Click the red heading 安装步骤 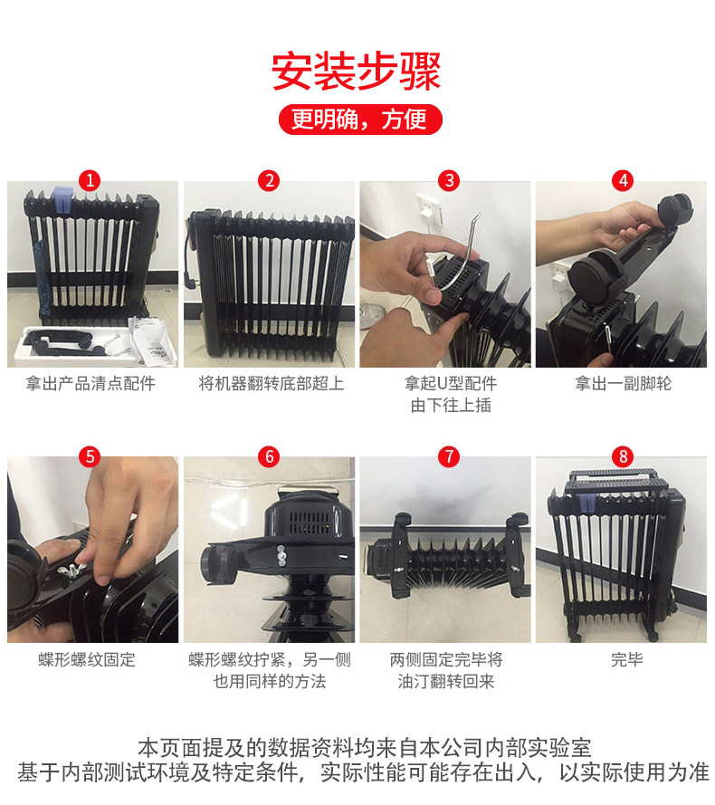click(357, 72)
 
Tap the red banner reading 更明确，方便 click(360, 120)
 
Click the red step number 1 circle click(91, 181)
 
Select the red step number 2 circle click(269, 181)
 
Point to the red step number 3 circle click(449, 181)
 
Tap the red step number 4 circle click(623, 181)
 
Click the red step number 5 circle click(91, 456)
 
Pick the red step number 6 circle click(269, 456)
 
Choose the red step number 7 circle click(449, 456)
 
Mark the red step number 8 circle click(623, 456)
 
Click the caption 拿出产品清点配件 click(91, 384)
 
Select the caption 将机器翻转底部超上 click(271, 384)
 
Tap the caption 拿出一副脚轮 click(623, 384)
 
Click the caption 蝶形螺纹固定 click(87, 660)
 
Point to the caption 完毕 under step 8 click(626, 660)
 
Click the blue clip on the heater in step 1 click(63, 199)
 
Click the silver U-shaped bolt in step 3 click(459, 256)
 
